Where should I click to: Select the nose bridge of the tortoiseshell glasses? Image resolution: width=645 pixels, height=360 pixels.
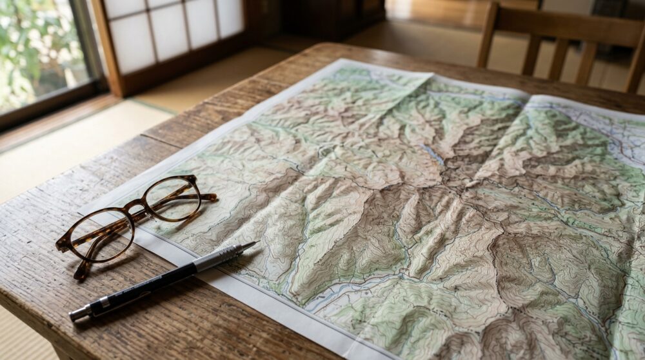pyautogui.click(x=138, y=208)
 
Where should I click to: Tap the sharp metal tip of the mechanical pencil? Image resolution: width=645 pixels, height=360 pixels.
pyautogui.click(x=252, y=244)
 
